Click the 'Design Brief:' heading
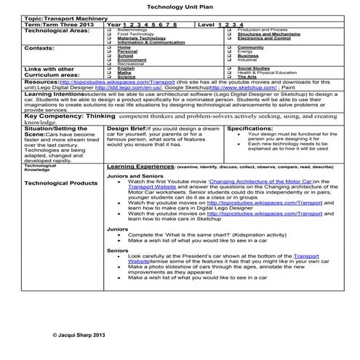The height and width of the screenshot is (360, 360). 127,128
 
